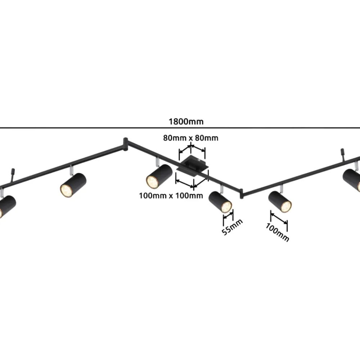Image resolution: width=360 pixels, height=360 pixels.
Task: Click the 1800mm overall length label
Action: pos(186,121)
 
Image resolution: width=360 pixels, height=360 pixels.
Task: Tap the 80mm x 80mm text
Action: pos(190,138)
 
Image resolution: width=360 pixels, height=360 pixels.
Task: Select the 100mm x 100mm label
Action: pos(171,195)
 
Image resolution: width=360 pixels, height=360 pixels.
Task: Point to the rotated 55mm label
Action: pos(232,227)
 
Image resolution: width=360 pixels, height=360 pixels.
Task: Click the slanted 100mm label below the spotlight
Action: pos(277,232)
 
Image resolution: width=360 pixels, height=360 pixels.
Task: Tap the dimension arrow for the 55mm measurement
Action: pos(228,216)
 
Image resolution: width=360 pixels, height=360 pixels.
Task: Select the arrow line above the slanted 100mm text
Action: pos(279,218)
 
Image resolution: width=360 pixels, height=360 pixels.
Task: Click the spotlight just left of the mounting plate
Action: pos(159,176)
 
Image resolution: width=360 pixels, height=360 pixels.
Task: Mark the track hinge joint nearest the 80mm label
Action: pos(125,145)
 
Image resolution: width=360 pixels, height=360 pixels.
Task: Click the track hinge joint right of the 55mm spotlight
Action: pos(241,194)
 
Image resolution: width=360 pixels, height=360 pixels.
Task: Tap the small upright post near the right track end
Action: pos(342,154)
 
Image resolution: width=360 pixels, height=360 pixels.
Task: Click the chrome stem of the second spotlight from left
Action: pos(71,170)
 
